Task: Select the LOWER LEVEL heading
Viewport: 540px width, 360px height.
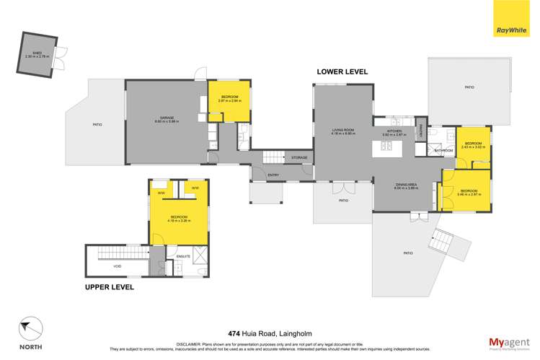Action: (343, 71)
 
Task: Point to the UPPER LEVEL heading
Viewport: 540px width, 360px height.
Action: (110, 286)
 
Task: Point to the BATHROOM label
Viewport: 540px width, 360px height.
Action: (443, 150)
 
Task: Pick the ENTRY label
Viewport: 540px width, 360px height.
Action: (273, 175)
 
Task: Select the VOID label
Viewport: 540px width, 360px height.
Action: (117, 265)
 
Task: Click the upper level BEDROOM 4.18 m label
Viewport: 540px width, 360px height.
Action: (180, 217)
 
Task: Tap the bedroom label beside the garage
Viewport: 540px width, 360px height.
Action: (229, 98)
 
